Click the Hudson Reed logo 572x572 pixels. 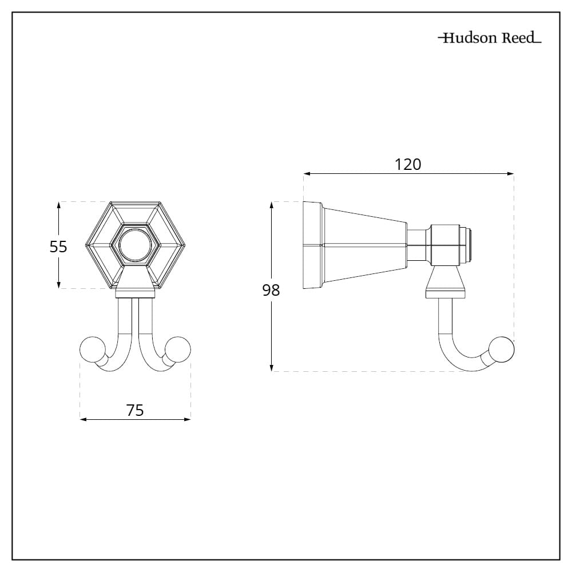490,38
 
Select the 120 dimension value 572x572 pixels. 408,165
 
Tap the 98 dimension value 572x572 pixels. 271,291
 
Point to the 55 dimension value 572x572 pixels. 58,247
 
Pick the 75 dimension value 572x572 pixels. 135,410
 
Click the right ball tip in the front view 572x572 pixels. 178,349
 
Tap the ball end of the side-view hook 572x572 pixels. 502,349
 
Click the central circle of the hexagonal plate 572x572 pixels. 135,245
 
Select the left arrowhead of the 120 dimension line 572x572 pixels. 307,174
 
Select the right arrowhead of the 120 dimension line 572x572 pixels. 510,174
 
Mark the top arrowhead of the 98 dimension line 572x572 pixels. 271,205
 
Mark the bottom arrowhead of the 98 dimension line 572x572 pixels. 271,368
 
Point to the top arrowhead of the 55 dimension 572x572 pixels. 58,205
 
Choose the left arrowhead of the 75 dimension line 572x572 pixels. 84,419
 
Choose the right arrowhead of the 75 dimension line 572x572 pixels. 187,419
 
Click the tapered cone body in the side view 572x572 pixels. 365,245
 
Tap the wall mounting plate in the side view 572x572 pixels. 313,245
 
